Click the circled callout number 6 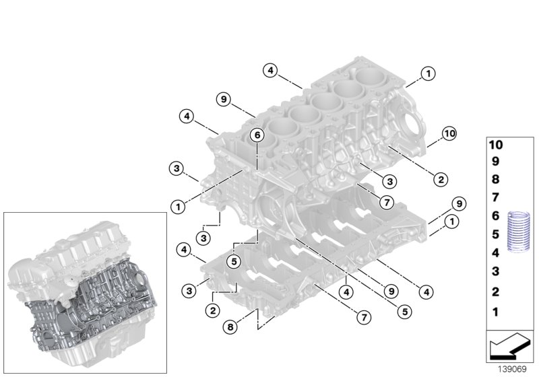point(256,135)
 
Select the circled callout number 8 point(230,327)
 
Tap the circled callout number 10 point(449,135)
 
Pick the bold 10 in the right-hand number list point(496,145)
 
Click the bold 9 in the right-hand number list point(496,162)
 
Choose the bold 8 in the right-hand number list point(496,180)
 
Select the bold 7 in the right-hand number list point(496,198)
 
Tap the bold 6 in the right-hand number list point(496,216)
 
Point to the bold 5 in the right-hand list point(496,235)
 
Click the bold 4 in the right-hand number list point(496,253)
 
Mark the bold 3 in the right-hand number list point(496,271)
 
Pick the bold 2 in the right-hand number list point(496,292)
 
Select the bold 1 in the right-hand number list point(496,312)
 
